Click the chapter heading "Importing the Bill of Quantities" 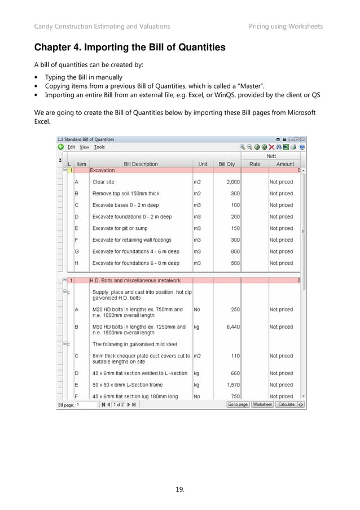coord(130,48)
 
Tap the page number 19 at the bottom coord(180,489)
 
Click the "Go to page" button coord(238,404)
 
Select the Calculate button coord(286,404)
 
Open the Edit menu coord(71,147)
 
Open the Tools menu coord(99,147)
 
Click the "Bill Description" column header coord(141,164)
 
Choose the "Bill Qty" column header coord(226,164)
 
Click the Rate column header coord(254,164)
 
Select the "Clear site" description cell coord(103,182)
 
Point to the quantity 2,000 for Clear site coord(233,182)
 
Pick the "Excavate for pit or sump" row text coord(120,229)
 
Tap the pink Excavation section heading coord(103,170)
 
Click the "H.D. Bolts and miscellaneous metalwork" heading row coord(135,280)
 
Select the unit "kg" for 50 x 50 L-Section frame coord(197,385)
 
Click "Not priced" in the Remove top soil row coord(281,194)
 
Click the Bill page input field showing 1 coord(86,404)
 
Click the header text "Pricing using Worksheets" coord(286,27)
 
